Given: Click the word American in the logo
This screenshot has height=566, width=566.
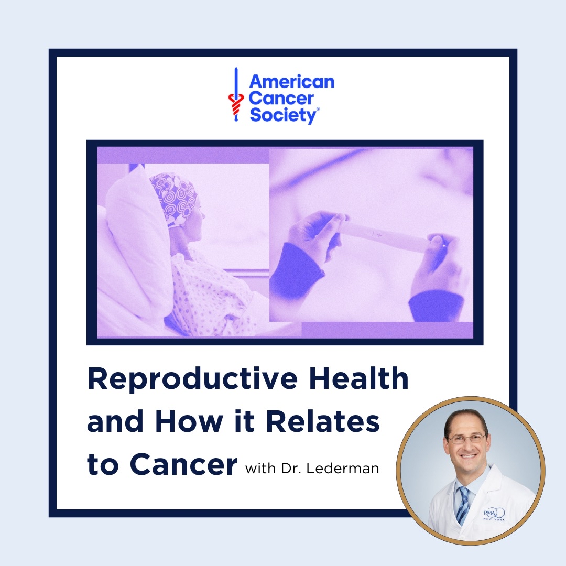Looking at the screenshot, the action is click(292, 82).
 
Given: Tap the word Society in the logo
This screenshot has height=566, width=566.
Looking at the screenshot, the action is click(284, 115).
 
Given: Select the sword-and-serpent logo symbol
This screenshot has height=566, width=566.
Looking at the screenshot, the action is click(236, 94).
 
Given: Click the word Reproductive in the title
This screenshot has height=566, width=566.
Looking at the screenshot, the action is click(193, 379).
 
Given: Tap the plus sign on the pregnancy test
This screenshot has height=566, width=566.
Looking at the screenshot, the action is click(379, 235).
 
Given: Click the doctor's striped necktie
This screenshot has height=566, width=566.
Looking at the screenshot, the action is click(463, 505).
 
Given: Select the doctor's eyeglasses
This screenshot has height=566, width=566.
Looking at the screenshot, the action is click(467, 439).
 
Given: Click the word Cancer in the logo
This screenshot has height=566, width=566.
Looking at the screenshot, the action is click(281, 99).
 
